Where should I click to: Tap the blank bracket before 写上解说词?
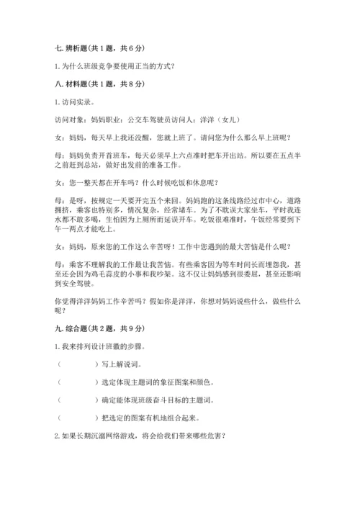click(x=77, y=366)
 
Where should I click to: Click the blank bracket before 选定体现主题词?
click(x=77, y=383)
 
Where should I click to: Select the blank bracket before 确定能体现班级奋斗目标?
click(x=77, y=400)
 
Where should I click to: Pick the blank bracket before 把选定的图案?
click(x=77, y=418)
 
